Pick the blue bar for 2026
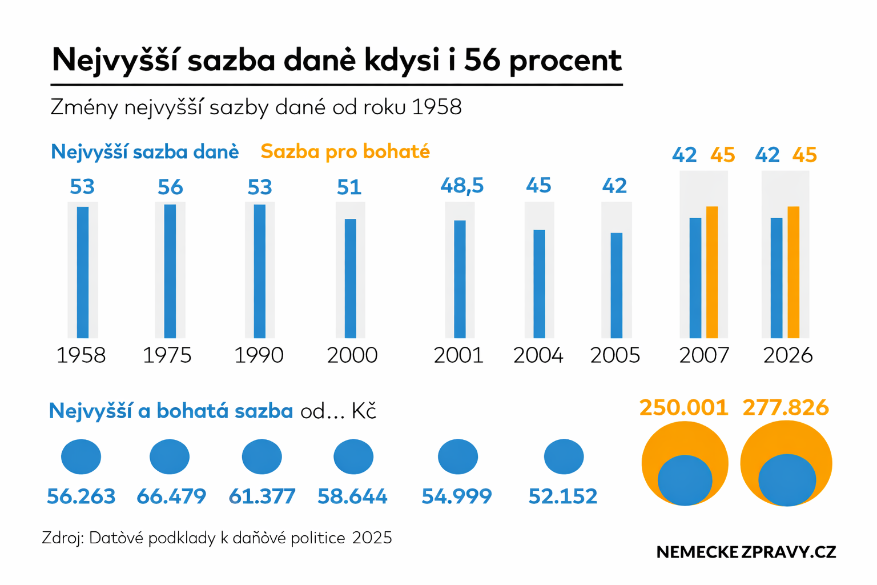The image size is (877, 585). coord(777,278)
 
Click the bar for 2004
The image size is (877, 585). coord(539,284)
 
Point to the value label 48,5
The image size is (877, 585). coord(462,186)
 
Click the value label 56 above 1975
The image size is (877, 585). coord(170,187)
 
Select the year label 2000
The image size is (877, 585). coord(352,355)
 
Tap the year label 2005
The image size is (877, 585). coord(615,355)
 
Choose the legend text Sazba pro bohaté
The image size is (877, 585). coord(345,152)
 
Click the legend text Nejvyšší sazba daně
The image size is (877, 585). coord(145,152)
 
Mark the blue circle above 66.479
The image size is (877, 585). coord(170,456)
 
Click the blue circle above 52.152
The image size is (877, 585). coord(564,456)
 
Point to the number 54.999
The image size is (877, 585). coord(456,496)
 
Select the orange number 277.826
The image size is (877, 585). coord(786,407)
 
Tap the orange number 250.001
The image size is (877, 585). coord(684,407)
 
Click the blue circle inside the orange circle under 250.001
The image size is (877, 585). coord(685,480)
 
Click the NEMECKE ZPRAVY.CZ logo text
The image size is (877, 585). coord(746,552)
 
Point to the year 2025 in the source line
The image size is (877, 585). coord(372,538)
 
